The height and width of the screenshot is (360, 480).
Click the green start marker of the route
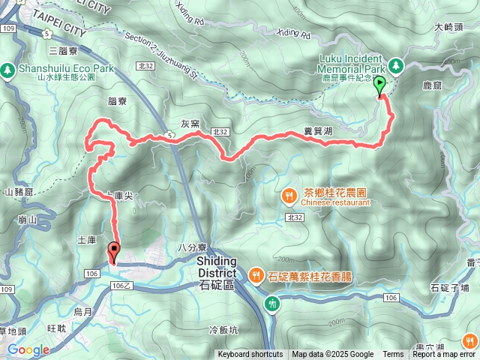(379, 85)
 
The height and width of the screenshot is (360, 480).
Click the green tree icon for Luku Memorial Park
(395, 66)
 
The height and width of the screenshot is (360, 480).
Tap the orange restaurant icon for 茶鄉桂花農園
(289, 196)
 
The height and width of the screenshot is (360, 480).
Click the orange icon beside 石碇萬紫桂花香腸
(256, 275)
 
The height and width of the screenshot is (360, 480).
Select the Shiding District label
(217, 266)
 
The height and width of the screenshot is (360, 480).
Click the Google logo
(28, 349)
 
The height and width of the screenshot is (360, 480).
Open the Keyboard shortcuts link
(250, 355)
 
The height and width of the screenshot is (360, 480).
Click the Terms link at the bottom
(393, 355)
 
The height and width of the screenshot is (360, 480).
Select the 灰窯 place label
(190, 124)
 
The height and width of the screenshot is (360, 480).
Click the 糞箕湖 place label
(318, 130)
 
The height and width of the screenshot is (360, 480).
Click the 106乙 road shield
(121, 286)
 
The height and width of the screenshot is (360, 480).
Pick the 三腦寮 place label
(62, 51)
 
